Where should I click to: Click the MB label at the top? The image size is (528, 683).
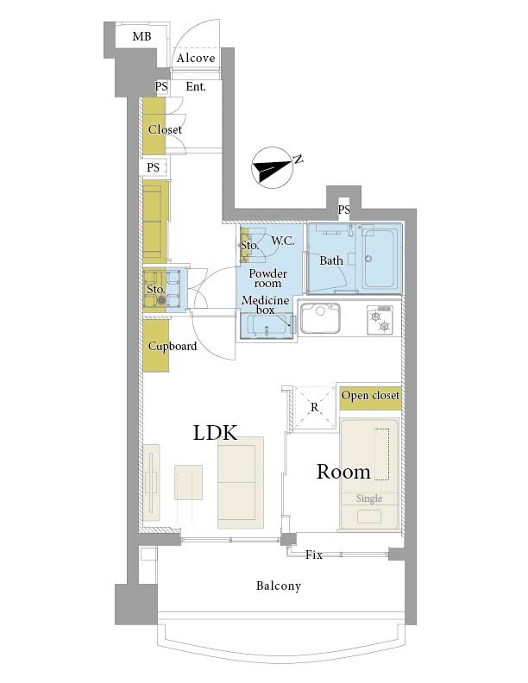[x=141, y=36]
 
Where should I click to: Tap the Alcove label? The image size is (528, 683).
[x=196, y=58]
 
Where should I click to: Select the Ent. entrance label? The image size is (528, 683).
[x=196, y=87]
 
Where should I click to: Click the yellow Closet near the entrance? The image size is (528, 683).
[x=154, y=125]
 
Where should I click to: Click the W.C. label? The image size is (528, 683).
[x=283, y=241]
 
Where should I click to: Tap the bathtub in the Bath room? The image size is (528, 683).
[x=380, y=259]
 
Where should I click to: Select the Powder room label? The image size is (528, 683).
[x=268, y=279]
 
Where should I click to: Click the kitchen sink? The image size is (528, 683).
[x=320, y=318]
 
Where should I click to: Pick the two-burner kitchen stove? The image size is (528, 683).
[x=380, y=320]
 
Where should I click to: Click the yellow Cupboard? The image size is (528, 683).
[x=156, y=346]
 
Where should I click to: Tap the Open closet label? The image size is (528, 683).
[x=370, y=396]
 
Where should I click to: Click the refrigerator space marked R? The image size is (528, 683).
[x=315, y=408]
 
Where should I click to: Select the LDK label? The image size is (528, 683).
[x=215, y=433]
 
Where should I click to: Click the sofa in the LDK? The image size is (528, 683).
[x=241, y=483]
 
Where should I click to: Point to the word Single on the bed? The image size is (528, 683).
[x=369, y=498]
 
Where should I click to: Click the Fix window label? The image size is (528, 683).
[x=314, y=555]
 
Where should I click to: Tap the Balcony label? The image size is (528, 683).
[x=279, y=586]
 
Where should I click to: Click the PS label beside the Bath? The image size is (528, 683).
[x=343, y=210]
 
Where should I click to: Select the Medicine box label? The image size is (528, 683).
[x=266, y=305]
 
